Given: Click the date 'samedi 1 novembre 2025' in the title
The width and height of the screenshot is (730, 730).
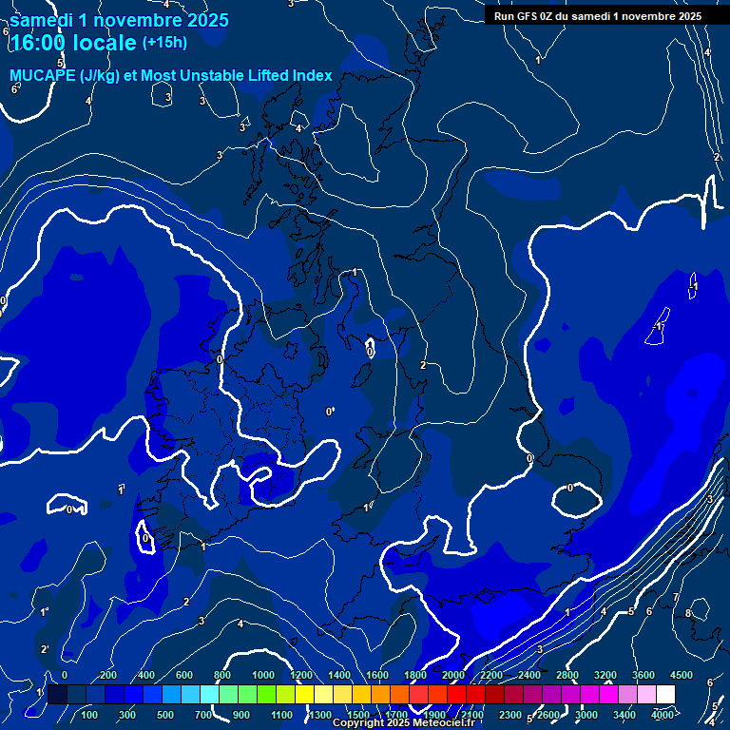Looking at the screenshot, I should pyautogui.click(x=119, y=20).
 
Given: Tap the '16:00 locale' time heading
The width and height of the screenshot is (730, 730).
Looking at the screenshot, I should pyautogui.click(x=72, y=43).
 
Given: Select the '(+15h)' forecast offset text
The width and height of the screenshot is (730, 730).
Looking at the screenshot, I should pyautogui.click(x=164, y=43).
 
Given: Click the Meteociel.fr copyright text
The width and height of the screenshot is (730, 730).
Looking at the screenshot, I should pyautogui.click(x=403, y=722).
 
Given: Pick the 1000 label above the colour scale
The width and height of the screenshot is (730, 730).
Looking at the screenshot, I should pyautogui.click(x=262, y=675).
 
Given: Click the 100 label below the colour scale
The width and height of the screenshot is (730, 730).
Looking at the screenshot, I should pyautogui.click(x=89, y=715).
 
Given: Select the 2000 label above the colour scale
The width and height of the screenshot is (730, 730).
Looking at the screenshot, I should pyautogui.click(x=452, y=675).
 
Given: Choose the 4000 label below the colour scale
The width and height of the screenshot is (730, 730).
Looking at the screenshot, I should pyautogui.click(x=663, y=715).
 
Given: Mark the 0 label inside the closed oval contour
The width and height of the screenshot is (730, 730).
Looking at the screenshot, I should pyautogui.click(x=570, y=488).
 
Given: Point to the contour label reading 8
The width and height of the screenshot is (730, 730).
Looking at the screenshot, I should pyautogui.click(x=687, y=613).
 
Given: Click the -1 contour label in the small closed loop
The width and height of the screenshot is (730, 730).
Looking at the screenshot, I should pyautogui.click(x=694, y=286).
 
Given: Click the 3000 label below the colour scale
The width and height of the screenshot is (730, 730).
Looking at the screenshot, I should pyautogui.click(x=586, y=715).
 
